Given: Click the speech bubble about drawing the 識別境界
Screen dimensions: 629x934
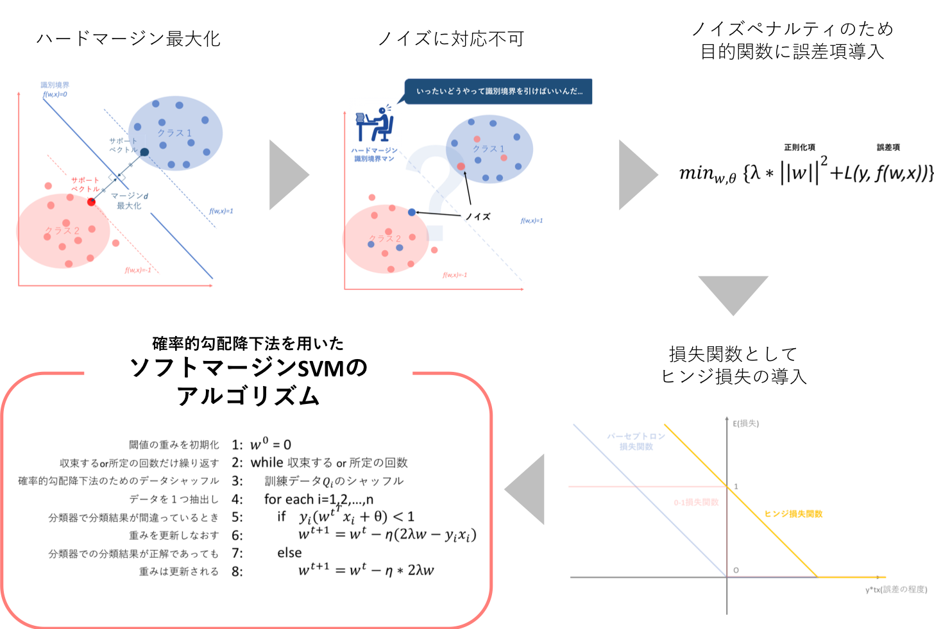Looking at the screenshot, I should [x=499, y=92].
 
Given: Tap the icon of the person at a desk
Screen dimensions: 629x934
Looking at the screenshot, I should [x=375, y=123].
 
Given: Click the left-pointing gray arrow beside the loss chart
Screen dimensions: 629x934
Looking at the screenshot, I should [x=527, y=489].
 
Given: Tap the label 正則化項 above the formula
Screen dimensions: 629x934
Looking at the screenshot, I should [x=799, y=147].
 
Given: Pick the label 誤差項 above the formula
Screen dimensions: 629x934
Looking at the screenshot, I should [x=888, y=147].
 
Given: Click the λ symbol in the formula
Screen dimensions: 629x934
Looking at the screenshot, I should [x=755, y=172].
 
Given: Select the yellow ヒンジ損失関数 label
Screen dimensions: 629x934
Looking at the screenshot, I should [x=793, y=514].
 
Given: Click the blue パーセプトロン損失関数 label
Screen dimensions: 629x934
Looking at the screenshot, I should [x=636, y=441].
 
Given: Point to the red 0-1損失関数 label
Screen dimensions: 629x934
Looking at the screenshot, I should [x=696, y=502].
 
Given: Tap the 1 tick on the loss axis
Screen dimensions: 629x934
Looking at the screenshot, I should [x=736, y=487].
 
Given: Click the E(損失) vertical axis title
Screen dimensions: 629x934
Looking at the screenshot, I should [x=746, y=424].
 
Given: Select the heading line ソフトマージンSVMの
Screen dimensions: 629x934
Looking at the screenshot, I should [x=248, y=367].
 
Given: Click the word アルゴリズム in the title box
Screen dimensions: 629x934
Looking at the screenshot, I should [x=248, y=396].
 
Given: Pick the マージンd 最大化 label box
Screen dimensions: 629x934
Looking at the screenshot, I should [x=130, y=201].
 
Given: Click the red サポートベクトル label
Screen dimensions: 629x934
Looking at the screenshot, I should [x=85, y=185].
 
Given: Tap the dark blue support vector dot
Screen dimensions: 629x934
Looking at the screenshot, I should [x=144, y=152].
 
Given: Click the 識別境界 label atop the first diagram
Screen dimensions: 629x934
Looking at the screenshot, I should [x=55, y=85].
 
